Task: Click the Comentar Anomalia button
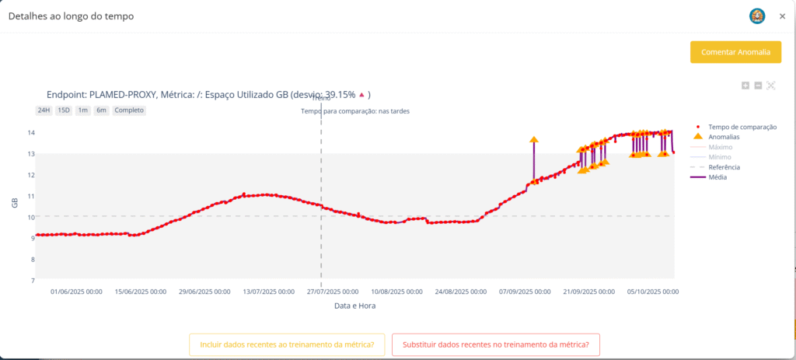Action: pos(735,52)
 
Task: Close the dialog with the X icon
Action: pos(782,16)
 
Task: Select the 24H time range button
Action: pos(44,110)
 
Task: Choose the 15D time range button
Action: pos(63,110)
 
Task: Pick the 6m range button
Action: pos(101,110)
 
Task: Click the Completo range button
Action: pos(129,110)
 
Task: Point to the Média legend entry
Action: pos(718,177)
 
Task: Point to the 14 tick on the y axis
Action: pos(30,133)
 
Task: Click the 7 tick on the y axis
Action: pos(31,280)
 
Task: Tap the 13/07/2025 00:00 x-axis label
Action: pos(268,292)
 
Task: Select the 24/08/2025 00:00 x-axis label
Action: pos(460,292)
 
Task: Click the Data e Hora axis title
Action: pos(355,306)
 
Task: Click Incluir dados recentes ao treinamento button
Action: pos(287,344)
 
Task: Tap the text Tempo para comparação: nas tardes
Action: pos(355,111)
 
